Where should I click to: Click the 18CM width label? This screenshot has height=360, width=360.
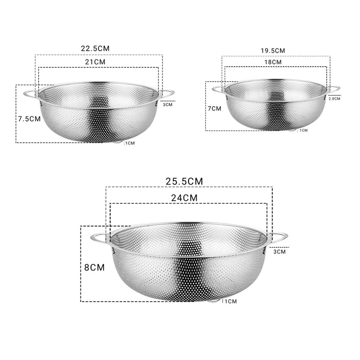pos(273,62)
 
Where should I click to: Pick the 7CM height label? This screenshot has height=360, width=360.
pos(215,108)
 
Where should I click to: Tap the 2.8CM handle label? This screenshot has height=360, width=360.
pos(334,99)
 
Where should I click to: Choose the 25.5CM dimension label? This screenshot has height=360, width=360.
pos(184,181)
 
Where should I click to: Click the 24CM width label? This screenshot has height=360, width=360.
pos(184,197)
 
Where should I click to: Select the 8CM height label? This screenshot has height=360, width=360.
pos(94,267)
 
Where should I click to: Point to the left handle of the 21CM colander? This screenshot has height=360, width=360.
pos(30,94)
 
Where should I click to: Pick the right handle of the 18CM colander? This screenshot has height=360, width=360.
pos(334,89)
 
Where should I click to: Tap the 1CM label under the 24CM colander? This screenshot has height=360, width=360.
pos(230,301)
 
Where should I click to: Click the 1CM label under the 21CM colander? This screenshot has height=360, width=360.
pos(130,143)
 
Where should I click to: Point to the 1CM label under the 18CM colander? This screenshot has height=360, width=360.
pos(304,130)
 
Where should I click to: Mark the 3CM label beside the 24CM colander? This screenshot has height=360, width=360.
pos(279,252)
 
